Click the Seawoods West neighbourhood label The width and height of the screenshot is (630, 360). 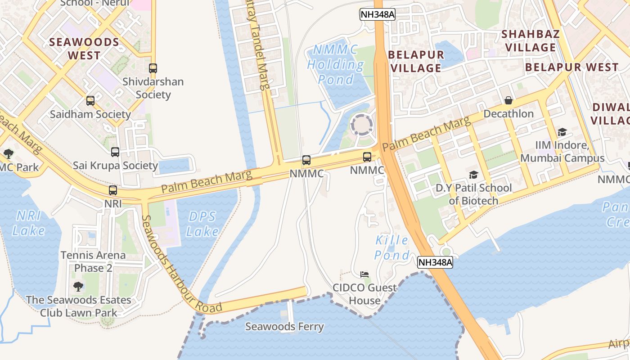84,49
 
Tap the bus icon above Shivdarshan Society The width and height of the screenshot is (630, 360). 153,68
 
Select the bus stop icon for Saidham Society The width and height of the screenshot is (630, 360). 90,101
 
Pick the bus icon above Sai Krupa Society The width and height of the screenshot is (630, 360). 115,152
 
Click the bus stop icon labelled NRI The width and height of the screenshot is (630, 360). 113,190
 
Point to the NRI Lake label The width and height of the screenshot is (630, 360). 29,223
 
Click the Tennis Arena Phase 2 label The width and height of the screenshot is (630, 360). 93,261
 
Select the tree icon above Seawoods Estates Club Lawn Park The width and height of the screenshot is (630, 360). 78,286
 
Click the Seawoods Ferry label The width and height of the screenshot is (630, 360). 284,327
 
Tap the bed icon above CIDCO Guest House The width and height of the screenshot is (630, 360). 364,274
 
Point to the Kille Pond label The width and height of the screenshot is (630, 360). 392,247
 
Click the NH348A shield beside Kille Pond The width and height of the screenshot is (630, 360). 435,262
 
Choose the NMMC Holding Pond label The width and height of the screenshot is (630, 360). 336,64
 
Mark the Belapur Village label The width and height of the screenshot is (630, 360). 416,61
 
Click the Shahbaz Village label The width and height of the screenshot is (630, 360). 531,40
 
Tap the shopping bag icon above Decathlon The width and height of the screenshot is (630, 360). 508,100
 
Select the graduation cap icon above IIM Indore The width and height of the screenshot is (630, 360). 562,132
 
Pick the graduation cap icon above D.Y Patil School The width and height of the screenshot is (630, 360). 473,175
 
